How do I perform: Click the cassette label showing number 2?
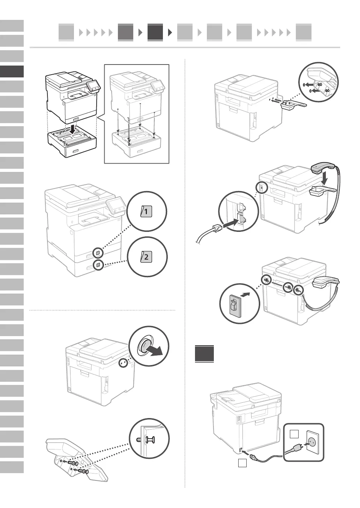(146, 257)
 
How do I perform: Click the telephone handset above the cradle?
(320, 168)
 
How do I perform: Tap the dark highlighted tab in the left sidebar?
(12, 71)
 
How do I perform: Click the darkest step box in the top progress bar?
(155, 32)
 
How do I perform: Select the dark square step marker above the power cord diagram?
(204, 354)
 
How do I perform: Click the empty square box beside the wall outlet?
(294, 434)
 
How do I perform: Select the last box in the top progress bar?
(303, 32)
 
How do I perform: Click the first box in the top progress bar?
(66, 32)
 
